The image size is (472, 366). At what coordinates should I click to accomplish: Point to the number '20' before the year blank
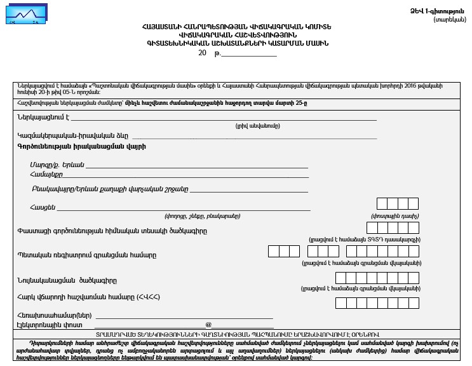coord(202,53)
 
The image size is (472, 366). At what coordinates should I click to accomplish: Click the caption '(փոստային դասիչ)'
coord(394,216)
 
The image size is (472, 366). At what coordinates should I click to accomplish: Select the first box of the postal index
coord(382,203)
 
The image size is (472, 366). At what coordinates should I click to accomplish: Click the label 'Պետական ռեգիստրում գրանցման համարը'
coord(86,254)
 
